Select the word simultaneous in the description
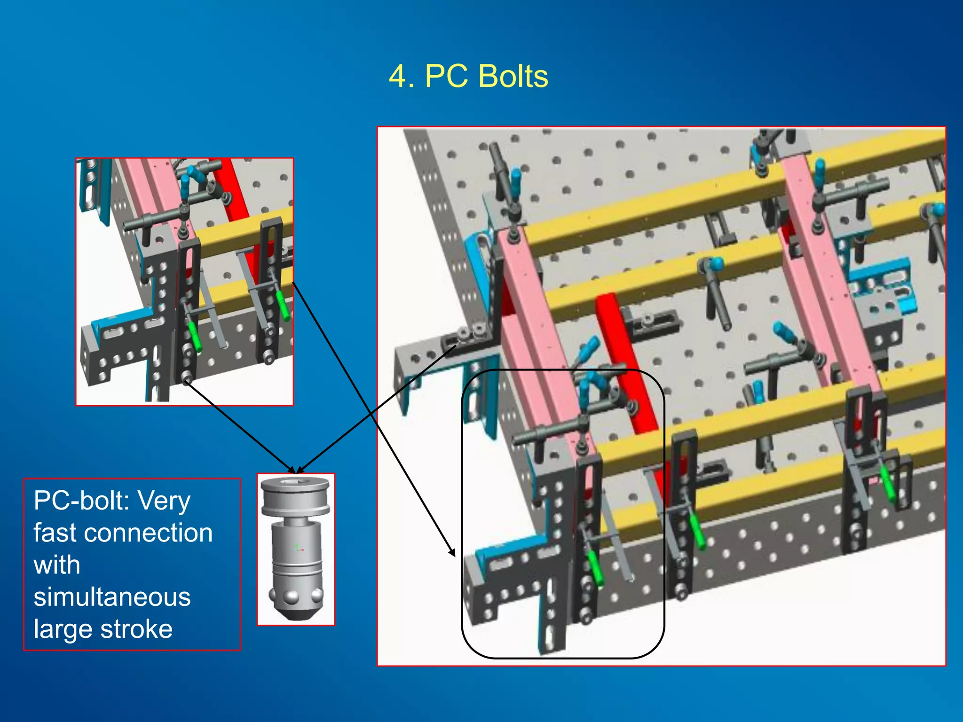(112, 597)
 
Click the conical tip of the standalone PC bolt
(295, 613)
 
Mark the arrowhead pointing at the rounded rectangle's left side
(453, 552)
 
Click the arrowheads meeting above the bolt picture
(295, 470)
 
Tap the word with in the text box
(57, 565)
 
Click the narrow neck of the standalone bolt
(295, 521)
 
